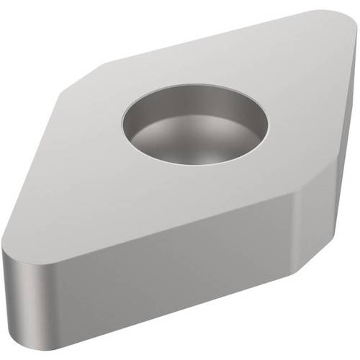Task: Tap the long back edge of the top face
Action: (209, 40)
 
